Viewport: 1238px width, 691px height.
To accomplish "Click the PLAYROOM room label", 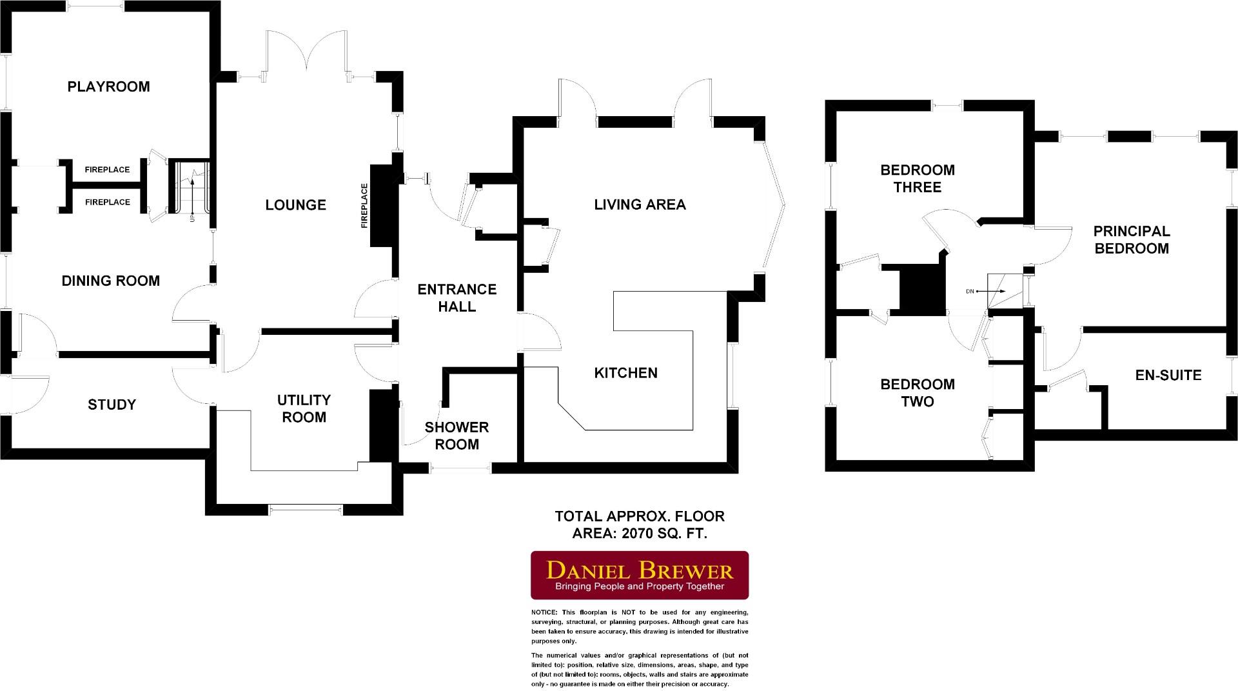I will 108,86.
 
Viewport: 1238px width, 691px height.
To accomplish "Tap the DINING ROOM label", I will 110,281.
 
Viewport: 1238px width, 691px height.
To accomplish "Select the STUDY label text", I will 112,405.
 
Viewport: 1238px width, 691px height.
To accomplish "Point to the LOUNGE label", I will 295,205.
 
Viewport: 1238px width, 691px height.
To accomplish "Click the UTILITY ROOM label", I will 304,408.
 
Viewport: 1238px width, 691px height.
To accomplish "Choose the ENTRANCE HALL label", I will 457,297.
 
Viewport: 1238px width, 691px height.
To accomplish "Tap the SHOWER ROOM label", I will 457,436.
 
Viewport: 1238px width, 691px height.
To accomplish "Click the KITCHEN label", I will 625,373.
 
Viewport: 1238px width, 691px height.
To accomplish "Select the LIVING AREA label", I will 640,205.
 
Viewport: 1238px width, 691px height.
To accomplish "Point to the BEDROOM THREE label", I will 917,179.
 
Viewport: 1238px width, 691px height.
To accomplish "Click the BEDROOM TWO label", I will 917,392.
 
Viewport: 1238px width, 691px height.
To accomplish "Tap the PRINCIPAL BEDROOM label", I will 1131,239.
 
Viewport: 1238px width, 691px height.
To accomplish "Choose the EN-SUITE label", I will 1168,376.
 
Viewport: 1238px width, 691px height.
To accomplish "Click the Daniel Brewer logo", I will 639,575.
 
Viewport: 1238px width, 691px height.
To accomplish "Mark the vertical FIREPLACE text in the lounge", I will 364,206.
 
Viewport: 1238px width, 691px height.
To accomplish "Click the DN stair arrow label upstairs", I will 970,292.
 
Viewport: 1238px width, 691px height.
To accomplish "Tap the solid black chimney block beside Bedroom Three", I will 921,290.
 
